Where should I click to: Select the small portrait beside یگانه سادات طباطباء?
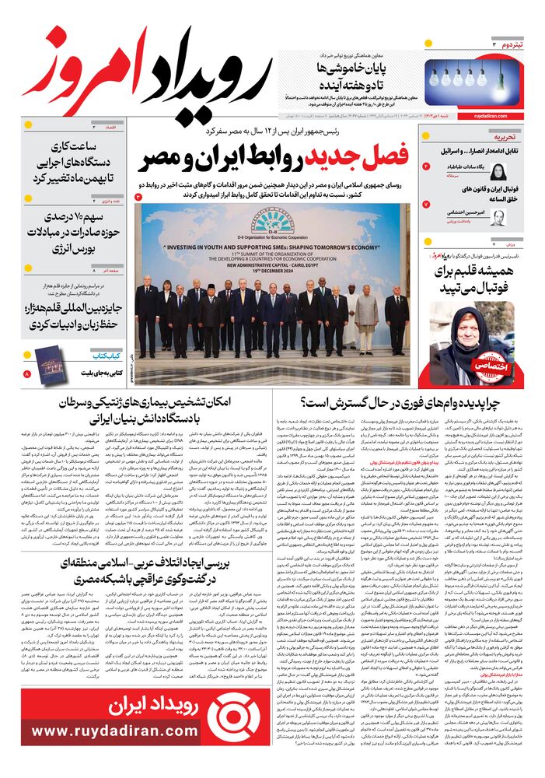point(497,172)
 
